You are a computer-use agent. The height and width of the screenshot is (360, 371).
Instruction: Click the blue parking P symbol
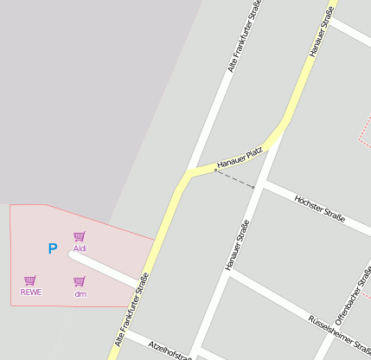52,249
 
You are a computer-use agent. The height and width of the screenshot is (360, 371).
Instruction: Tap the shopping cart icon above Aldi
80,236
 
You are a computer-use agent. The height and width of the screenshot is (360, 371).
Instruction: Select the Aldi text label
80,248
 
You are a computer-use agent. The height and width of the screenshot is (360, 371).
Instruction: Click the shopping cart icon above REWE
30,280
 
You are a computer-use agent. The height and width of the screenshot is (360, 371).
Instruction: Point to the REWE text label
30,292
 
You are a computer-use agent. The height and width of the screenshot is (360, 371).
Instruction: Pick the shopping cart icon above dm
80,281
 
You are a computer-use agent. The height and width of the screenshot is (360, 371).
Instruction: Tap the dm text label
80,294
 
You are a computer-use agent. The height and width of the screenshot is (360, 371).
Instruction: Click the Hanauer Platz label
240,157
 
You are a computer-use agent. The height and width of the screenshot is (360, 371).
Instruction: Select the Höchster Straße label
319,209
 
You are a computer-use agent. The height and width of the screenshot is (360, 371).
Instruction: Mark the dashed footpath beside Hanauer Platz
235,179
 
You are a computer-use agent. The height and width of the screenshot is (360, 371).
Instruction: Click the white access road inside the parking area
104,267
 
